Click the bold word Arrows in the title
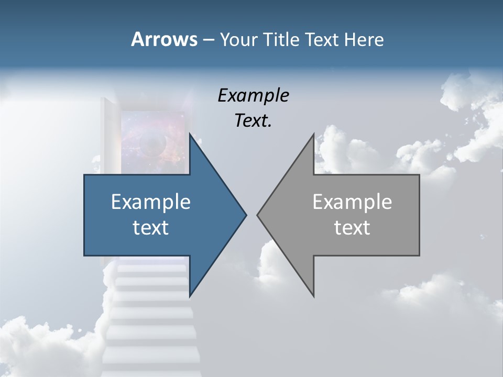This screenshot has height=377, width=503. [x=163, y=39]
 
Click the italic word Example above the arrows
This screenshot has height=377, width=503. [x=253, y=96]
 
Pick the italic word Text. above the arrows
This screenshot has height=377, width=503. [x=253, y=121]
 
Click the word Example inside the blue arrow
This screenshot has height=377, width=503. [x=151, y=202]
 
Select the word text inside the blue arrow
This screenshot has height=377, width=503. [x=151, y=228]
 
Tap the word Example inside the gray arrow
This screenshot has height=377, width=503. [x=352, y=202]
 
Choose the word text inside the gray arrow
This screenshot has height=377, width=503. [x=352, y=228]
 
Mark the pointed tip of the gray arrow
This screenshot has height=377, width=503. [x=258, y=215]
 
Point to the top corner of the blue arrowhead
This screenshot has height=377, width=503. [x=190, y=134]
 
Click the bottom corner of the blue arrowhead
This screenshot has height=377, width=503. [x=190, y=296]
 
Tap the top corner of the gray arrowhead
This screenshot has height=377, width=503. [x=313, y=134]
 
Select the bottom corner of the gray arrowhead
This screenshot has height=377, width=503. [x=313, y=296]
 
